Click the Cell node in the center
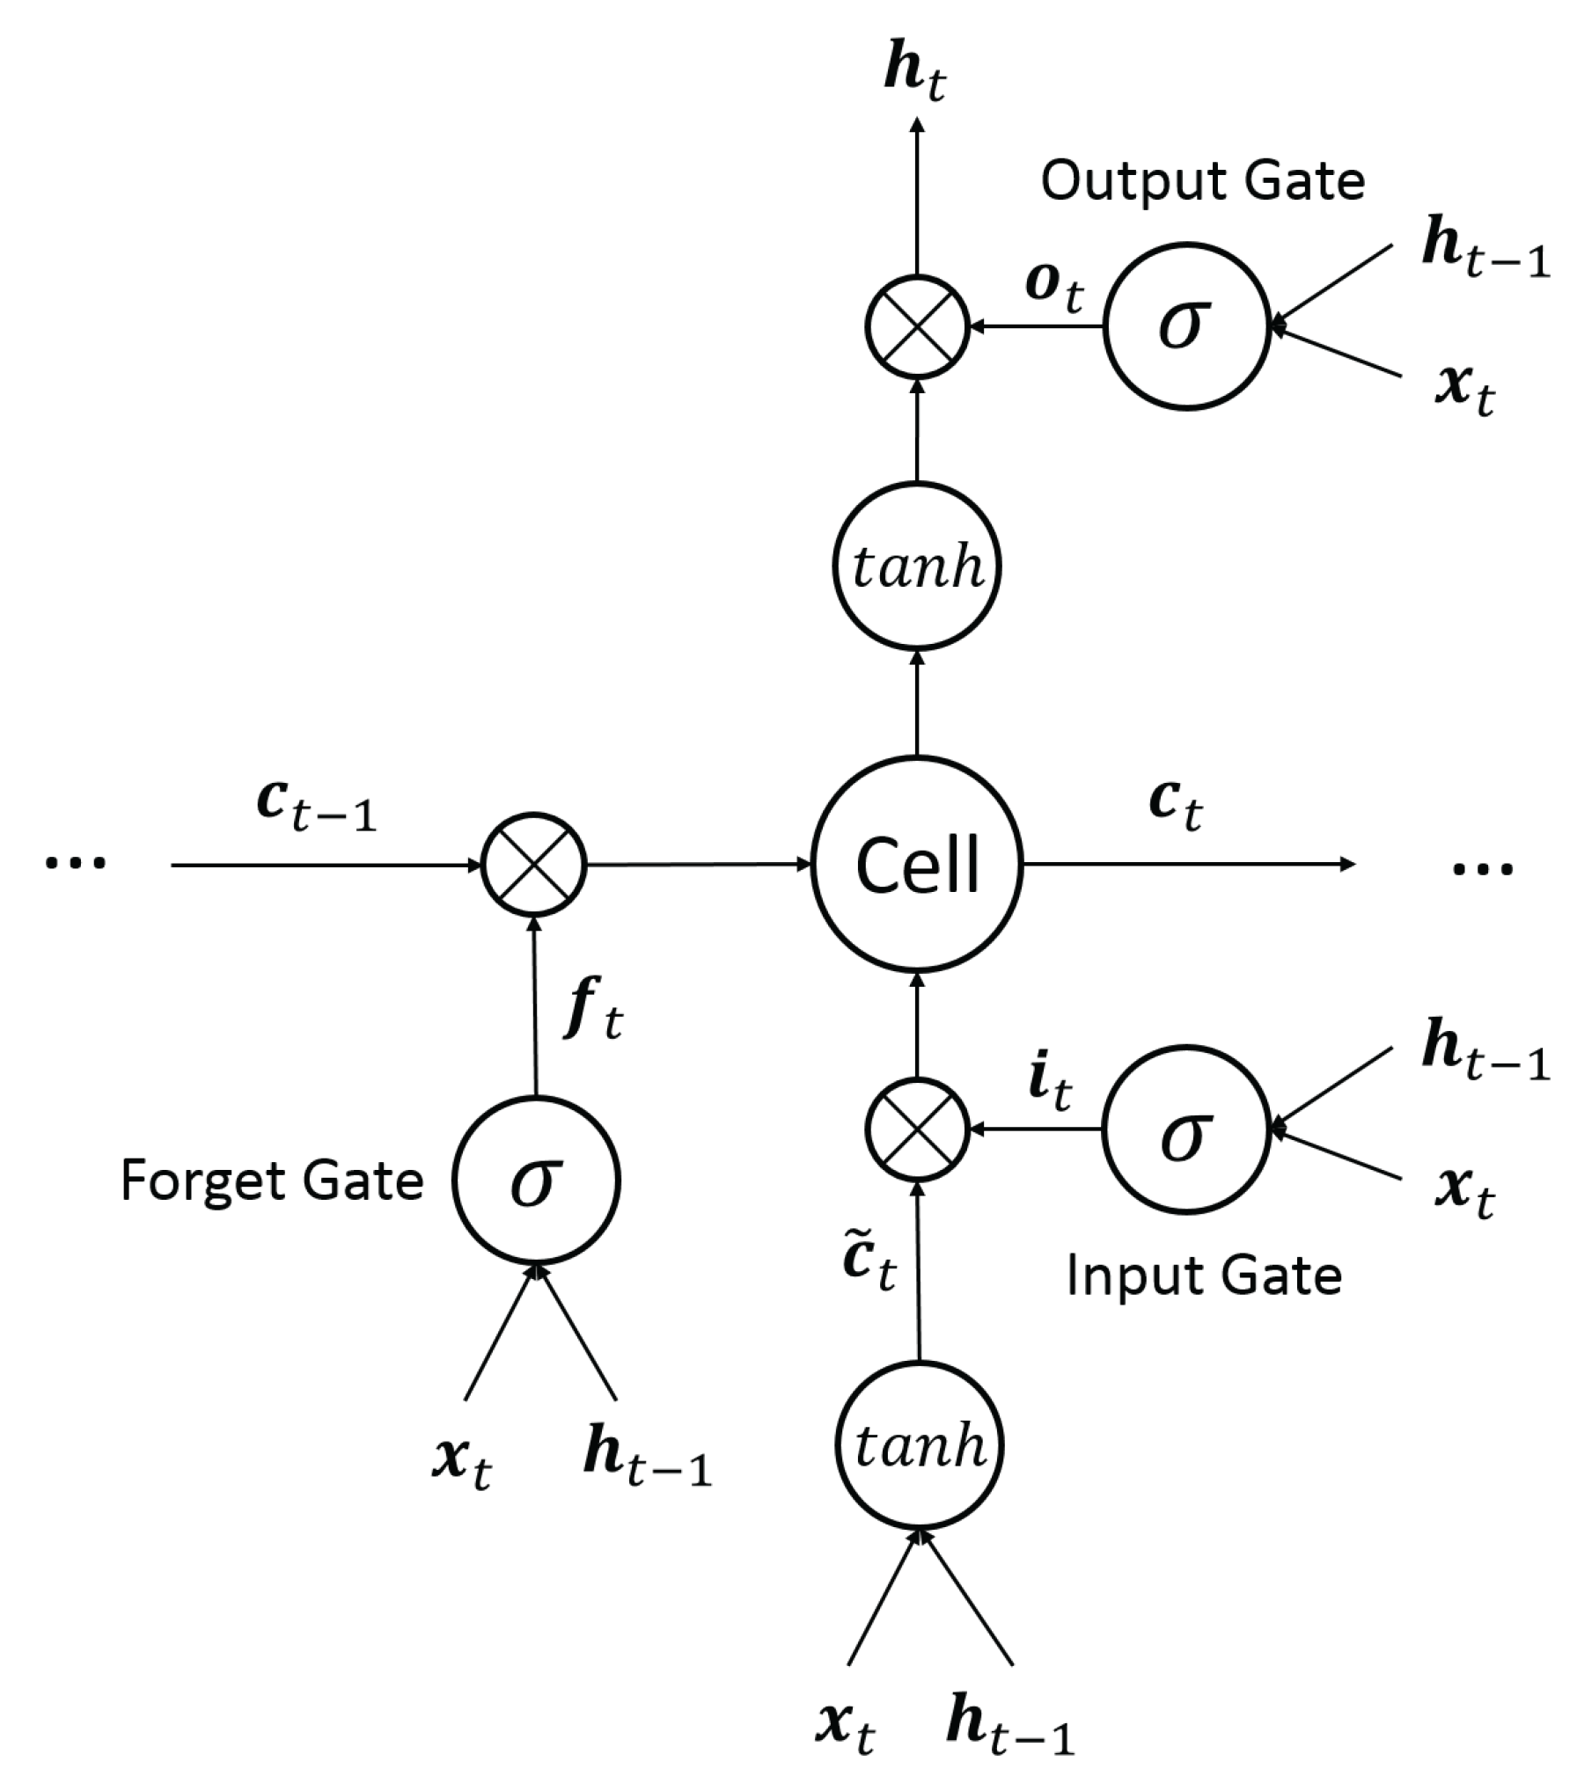[917, 865]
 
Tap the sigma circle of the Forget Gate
[536, 1181]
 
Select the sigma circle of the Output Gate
[1186, 326]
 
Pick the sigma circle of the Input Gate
[1186, 1129]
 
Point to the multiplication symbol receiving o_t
[917, 326]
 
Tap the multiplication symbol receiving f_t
[533, 865]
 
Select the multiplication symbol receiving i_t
[917, 1129]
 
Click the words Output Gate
[1202, 182]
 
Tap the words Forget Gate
[272, 1181]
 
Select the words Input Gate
[1204, 1276]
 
